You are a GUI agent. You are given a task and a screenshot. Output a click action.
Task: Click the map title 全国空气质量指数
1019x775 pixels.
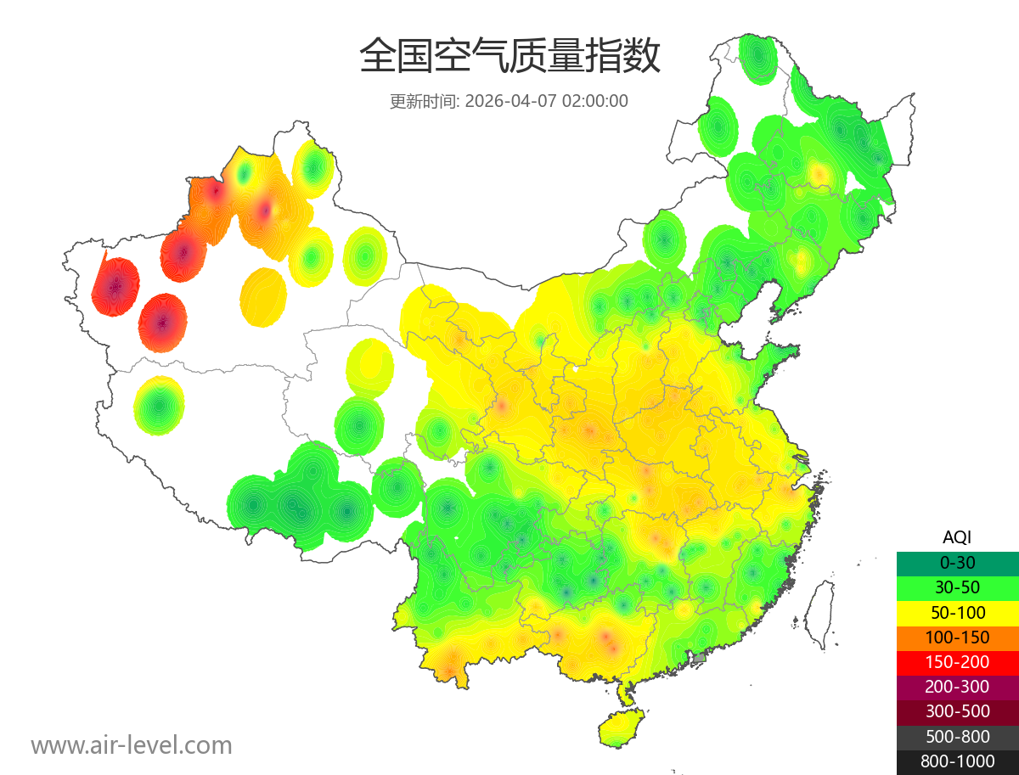tap(509, 57)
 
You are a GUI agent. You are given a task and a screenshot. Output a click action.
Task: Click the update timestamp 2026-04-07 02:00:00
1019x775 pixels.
tap(547, 101)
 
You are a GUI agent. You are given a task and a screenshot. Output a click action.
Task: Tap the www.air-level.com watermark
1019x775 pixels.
tap(132, 745)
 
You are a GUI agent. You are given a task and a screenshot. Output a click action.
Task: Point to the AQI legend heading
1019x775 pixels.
tap(957, 536)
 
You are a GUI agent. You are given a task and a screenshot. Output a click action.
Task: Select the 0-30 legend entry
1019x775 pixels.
tap(957, 562)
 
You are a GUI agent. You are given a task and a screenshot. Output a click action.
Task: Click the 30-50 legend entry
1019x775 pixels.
tap(957, 587)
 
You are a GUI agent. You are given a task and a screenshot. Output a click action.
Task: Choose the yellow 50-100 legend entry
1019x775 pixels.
tap(957, 612)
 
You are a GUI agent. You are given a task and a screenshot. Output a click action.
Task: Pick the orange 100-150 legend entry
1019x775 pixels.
tap(957, 637)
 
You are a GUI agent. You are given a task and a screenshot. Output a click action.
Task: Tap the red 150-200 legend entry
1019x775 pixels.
tap(957, 661)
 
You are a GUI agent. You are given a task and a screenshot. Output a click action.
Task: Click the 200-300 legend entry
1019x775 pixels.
tap(957, 687)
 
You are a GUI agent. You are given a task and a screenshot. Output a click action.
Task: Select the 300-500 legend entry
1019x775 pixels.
tap(957, 711)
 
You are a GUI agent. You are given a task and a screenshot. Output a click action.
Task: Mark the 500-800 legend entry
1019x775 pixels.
tap(957, 737)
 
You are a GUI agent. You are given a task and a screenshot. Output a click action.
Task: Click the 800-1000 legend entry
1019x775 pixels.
tap(957, 761)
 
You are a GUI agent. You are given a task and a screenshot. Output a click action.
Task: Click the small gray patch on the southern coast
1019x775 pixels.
tap(700, 658)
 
